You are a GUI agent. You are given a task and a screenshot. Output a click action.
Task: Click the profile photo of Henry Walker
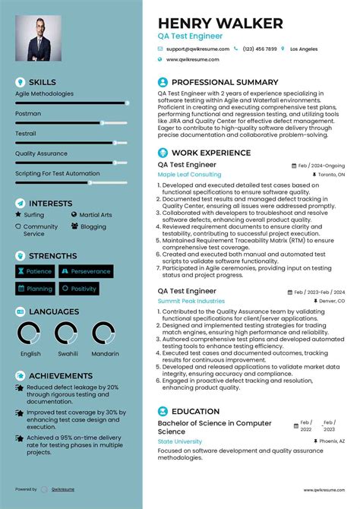coord(38,38)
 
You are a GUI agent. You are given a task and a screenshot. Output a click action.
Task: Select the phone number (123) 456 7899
coord(259,49)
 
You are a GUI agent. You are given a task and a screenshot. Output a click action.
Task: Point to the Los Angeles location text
coord(304,49)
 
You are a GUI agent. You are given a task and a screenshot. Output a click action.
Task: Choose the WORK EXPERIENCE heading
coord(211,153)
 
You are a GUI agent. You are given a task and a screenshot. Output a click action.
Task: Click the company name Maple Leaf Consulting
coord(189,174)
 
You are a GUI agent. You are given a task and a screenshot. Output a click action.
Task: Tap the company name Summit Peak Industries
coord(191,301)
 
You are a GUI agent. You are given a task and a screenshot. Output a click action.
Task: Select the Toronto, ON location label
coord(330,174)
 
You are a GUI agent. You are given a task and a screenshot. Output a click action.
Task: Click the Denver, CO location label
coord(331,301)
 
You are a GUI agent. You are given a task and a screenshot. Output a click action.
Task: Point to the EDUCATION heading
coord(195,411)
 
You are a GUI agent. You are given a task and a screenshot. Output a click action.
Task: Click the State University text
coord(179,441)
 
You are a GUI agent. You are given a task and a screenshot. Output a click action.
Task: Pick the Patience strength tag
coord(35,271)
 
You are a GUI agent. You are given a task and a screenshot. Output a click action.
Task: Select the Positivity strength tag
coord(80,289)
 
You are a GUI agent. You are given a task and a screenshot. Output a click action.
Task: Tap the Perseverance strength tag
coord(86,271)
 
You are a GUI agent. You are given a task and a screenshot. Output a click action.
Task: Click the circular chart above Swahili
coord(67,334)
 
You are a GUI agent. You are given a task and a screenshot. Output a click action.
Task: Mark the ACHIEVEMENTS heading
coord(60,375)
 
